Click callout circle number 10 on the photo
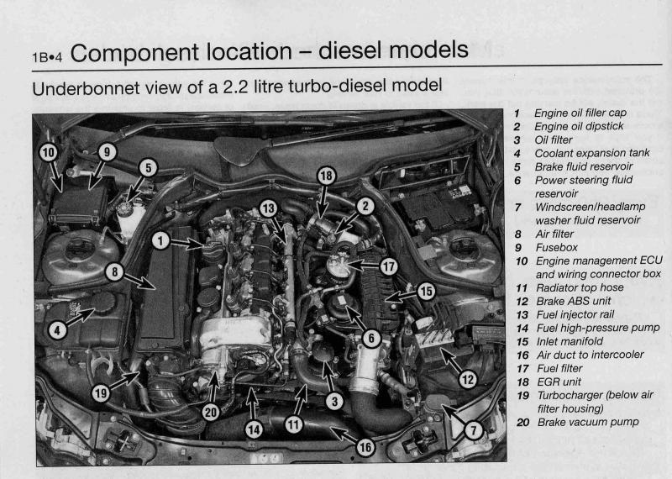coord(49,152)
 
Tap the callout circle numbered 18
coord(326,175)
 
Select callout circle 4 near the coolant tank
coord(57,330)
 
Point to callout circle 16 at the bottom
coord(365,448)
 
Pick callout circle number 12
coord(466,379)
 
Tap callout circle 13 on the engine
coord(268,208)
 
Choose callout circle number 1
coord(160,240)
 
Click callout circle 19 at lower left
coord(101,392)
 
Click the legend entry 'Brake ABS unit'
coord(574,301)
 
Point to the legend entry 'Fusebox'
coord(554,248)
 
